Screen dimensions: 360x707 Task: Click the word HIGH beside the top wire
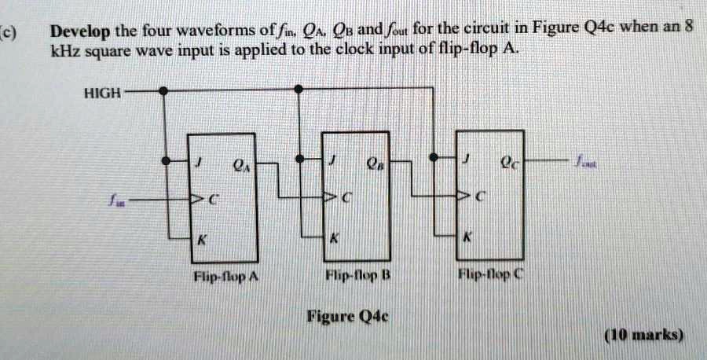[x=103, y=93]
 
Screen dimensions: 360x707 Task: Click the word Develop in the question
[x=80, y=33]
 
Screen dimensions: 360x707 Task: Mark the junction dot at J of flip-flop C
[x=433, y=160]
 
